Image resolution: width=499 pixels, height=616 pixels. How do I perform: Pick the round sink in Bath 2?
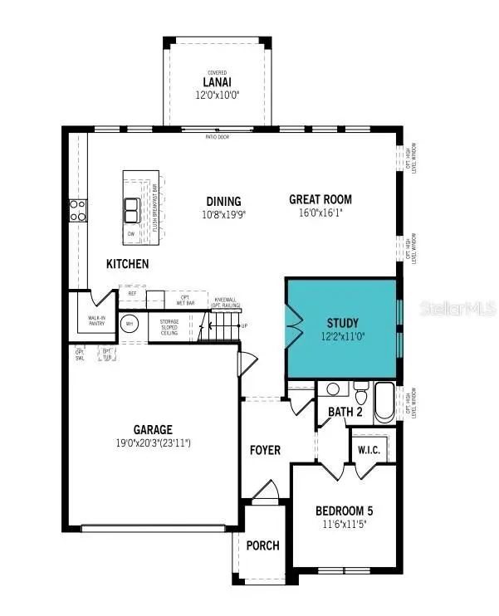coord(334,389)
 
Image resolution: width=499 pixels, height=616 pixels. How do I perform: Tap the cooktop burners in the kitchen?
coord(78,211)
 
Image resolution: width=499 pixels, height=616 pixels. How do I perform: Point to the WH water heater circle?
coord(130,325)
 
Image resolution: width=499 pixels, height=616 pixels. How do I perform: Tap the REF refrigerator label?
coord(131,293)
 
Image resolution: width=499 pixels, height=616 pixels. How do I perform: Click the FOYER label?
coord(266,450)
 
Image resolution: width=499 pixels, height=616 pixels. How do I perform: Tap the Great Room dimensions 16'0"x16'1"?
coord(320,213)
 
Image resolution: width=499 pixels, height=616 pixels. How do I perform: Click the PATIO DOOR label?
coord(218,137)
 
